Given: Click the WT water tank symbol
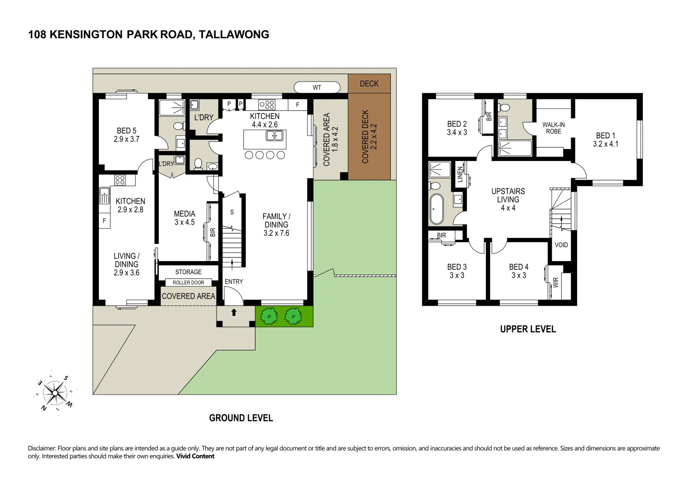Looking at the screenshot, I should [317, 87].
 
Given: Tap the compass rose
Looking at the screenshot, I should [55, 393].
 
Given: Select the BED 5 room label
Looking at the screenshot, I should [126, 131].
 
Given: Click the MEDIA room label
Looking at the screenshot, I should [185, 214].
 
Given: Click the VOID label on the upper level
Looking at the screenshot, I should [561, 245].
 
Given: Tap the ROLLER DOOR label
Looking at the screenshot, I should [188, 283].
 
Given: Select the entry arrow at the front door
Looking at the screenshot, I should [234, 312].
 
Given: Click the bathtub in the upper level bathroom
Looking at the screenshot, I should [436, 209].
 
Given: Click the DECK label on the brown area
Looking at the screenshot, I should [369, 84].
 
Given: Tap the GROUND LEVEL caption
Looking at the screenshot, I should [241, 418].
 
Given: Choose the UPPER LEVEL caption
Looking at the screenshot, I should [528, 329].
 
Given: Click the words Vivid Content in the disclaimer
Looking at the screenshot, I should [195, 456].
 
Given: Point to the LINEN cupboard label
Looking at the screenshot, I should [460, 174].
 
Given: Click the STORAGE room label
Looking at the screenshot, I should [188, 272].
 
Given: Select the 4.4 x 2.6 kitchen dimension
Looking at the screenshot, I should [265, 125].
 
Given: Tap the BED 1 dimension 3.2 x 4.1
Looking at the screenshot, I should [606, 144].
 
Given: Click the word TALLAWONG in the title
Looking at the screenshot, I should [234, 35].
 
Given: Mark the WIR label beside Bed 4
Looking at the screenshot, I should [555, 283].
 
